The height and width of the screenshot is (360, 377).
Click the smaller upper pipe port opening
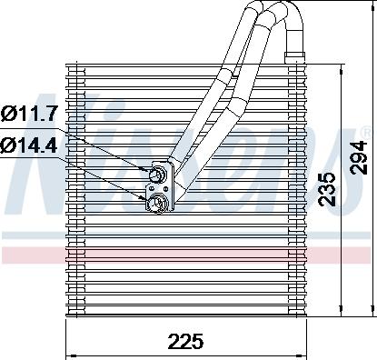pos(160,174)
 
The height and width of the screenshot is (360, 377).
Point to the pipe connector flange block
pos(159,187)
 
